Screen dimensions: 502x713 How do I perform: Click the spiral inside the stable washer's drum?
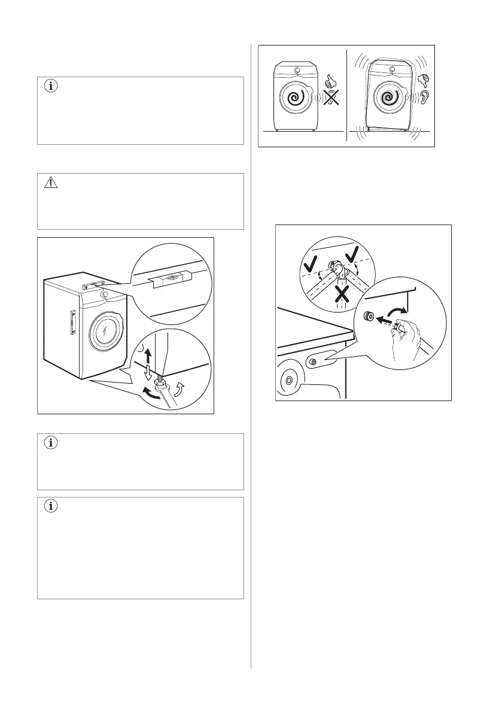pyautogui.click(x=294, y=98)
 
